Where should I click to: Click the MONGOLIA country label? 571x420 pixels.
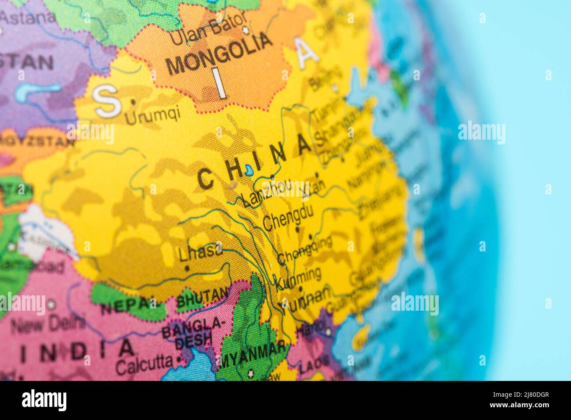(x=219, y=54)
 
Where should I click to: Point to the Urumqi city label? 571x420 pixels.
(x=152, y=115)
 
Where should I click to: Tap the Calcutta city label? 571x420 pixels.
(x=144, y=364)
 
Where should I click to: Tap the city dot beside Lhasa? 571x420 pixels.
(x=188, y=268)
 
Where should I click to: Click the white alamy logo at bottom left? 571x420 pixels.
(x=44, y=400)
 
